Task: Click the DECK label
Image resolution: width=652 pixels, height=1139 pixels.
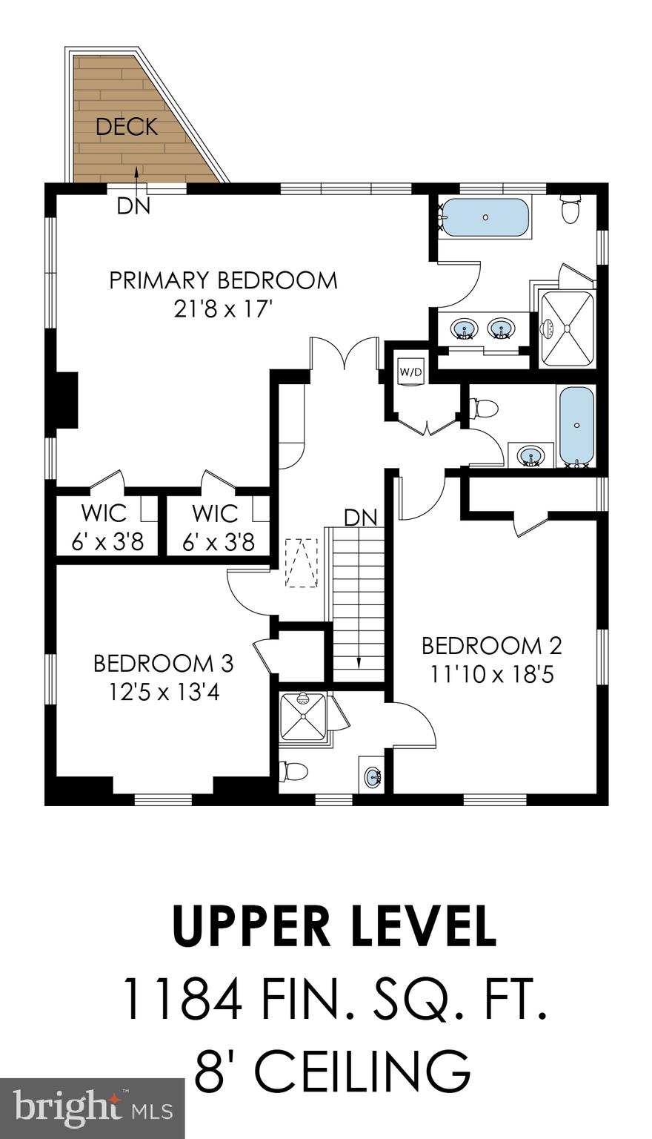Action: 127,127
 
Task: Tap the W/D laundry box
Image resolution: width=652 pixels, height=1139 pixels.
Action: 410,372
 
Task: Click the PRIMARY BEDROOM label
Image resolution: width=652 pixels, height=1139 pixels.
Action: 223,281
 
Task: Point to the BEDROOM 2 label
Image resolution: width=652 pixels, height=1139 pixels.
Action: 491,646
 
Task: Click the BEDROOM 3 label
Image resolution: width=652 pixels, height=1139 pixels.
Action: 163,663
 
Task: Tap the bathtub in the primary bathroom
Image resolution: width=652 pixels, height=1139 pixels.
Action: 485,217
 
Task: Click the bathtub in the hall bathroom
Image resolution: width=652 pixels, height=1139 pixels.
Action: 577,426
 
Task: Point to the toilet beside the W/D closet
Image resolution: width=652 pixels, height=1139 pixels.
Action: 485,408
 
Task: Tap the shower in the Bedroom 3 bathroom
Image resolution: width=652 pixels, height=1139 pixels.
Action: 303,716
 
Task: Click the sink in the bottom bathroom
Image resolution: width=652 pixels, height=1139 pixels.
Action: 373,777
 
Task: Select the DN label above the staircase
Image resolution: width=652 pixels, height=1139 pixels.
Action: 361,517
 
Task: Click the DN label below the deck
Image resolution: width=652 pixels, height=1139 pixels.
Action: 133,207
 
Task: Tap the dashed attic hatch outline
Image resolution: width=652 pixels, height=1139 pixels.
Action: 302,563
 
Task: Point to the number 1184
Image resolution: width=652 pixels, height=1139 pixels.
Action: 182,998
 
